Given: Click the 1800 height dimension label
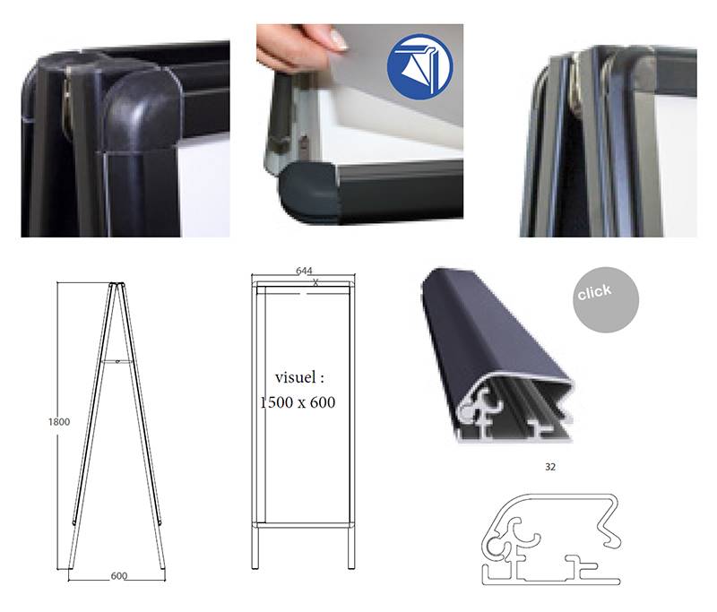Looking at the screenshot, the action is tap(59, 422).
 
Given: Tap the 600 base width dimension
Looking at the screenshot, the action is tap(119, 576).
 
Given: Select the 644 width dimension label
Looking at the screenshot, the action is tap(304, 271).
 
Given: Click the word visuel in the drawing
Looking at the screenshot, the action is tap(295, 377).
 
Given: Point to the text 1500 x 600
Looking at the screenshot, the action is tap(298, 402).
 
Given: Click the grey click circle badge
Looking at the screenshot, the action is tap(606, 300).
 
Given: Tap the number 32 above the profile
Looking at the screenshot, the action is tap(550, 467).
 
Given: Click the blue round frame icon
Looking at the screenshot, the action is tap(419, 66).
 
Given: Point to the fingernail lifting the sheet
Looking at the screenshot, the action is tap(339, 40).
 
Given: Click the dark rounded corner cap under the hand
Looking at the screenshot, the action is tap(308, 191).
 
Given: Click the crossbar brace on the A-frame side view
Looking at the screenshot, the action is tap(117, 361).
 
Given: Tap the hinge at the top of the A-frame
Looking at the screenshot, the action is tap(117, 285).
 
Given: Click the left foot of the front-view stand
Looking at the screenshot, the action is tap(255, 547).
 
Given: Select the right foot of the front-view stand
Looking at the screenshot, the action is tap(351, 547).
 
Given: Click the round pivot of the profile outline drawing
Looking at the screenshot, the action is tap(493, 545).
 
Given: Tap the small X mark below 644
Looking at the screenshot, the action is tap(315, 282).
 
